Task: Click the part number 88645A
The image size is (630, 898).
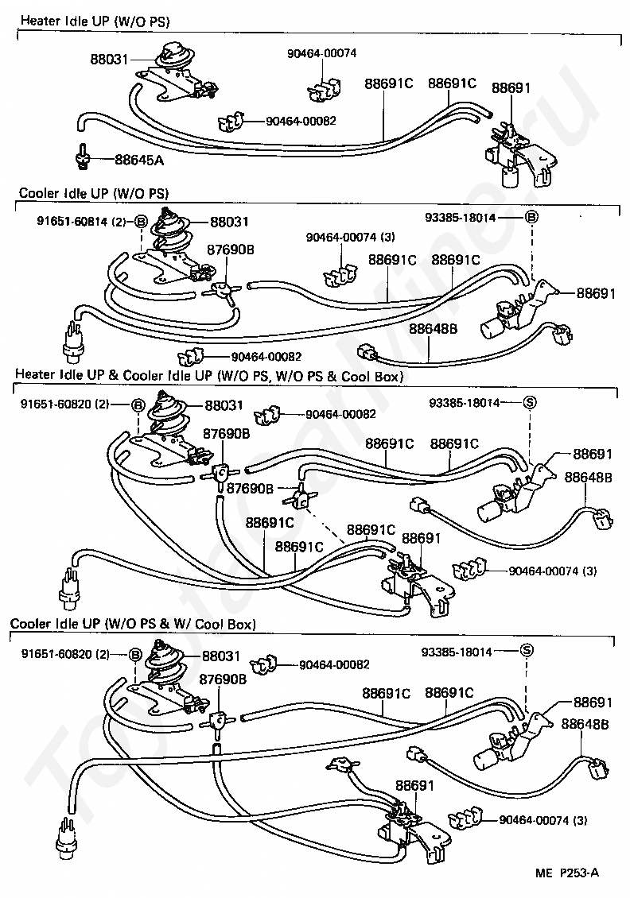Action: [x=139, y=160]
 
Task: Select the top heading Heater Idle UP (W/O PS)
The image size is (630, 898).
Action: [x=95, y=19]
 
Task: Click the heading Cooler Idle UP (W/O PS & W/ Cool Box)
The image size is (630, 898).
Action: [x=133, y=624]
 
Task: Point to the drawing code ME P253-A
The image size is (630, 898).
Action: [x=566, y=873]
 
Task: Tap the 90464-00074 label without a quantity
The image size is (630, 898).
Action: [x=322, y=53]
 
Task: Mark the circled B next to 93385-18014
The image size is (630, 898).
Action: [x=531, y=217]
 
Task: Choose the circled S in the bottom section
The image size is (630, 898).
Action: [x=525, y=652]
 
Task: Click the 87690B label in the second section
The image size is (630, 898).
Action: [x=231, y=250]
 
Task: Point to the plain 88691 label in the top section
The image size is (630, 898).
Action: [x=511, y=87]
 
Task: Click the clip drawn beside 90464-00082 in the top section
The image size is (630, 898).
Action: [x=229, y=122]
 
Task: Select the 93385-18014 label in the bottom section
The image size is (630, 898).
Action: [x=457, y=652]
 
